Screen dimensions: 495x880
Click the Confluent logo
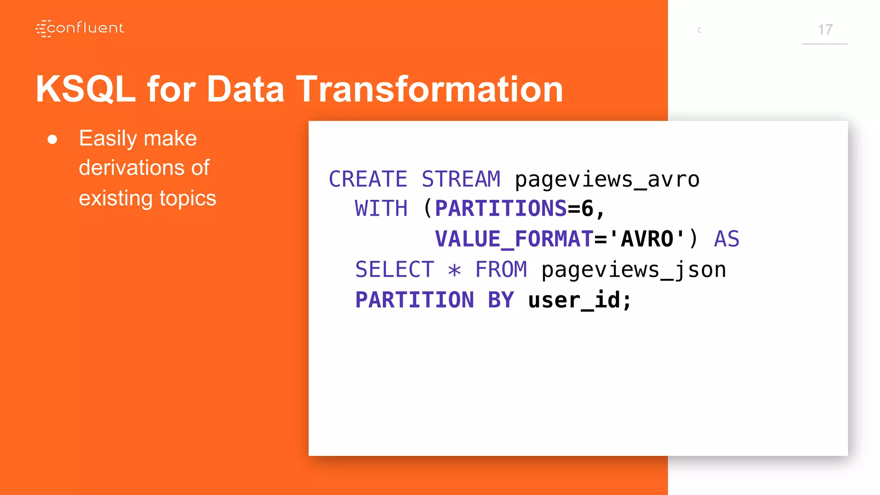point(79,28)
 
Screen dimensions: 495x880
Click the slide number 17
point(825,30)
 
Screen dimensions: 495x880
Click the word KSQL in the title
point(85,89)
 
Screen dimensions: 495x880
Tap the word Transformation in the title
point(429,89)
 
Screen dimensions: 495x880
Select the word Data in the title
point(245,89)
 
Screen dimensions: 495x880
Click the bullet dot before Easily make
point(52,139)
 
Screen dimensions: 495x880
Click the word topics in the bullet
point(188,198)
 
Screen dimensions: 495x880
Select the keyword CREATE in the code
point(368,179)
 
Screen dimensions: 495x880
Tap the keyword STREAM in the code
point(461,179)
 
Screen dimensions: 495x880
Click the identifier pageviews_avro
point(607,179)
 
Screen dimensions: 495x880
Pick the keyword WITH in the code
point(381,209)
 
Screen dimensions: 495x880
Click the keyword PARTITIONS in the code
point(501,209)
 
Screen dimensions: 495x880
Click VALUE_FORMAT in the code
point(514,239)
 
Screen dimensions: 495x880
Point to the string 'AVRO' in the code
point(647,239)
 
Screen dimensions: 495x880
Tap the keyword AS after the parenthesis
point(726,239)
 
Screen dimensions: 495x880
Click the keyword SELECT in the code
point(394,270)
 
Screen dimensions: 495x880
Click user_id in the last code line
point(574,300)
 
